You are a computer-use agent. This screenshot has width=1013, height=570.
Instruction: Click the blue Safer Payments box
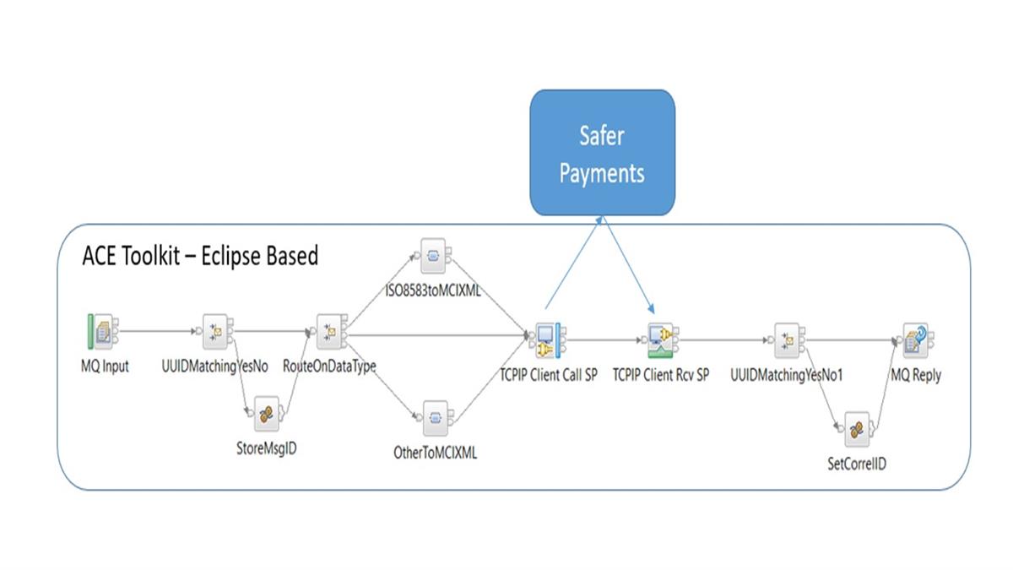click(x=602, y=152)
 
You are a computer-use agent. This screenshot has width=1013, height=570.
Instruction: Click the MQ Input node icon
click(x=101, y=331)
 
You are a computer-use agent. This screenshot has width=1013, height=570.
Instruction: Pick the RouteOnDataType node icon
click(x=328, y=331)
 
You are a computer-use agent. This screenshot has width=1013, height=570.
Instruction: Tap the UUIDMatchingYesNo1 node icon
click(x=787, y=339)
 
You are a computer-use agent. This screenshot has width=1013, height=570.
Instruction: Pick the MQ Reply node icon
click(x=915, y=339)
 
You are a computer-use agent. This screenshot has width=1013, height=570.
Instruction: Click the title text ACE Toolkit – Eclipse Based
click(x=200, y=256)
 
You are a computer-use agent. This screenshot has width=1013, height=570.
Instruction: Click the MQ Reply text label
click(x=916, y=375)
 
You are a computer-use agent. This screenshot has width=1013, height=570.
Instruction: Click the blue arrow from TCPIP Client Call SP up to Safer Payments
click(x=574, y=262)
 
